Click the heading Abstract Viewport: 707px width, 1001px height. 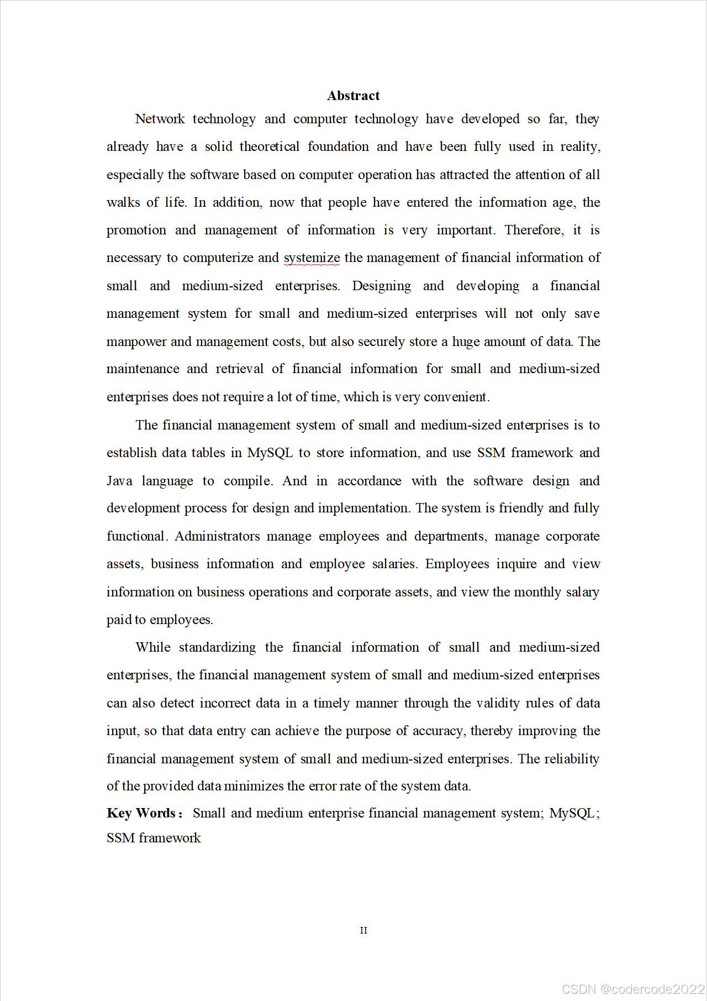click(x=353, y=96)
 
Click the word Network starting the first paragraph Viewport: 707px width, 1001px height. click(x=160, y=119)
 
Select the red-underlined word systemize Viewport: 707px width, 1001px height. click(x=312, y=258)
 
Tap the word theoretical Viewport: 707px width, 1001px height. click(x=270, y=146)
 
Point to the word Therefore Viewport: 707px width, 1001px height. click(x=534, y=230)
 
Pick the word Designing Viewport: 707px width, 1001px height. click(x=381, y=286)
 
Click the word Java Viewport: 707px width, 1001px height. click(x=119, y=481)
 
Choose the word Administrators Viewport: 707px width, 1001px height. click(x=217, y=536)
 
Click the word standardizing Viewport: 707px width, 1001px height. click(x=217, y=647)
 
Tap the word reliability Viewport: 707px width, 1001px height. click(x=571, y=759)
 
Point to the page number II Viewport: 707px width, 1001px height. click(x=363, y=930)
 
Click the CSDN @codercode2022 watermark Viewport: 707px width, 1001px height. click(x=633, y=989)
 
